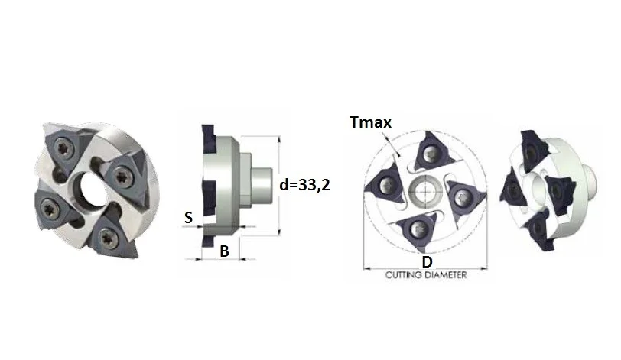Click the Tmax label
370,122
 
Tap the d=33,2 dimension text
304,185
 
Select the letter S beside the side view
188,218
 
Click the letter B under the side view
224,251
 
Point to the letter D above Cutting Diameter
427,262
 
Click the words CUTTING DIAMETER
426,274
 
